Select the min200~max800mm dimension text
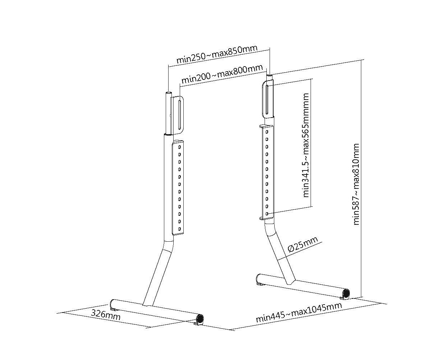[221, 73]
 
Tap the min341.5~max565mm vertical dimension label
[306, 145]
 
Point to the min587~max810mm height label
[356, 184]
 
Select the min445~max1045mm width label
[298, 312]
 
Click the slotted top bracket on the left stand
[179, 114]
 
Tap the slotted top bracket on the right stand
[268, 99]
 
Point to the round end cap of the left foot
[199, 319]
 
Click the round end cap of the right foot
[346, 293]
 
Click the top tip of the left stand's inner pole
[168, 94]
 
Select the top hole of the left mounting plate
[179, 146]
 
